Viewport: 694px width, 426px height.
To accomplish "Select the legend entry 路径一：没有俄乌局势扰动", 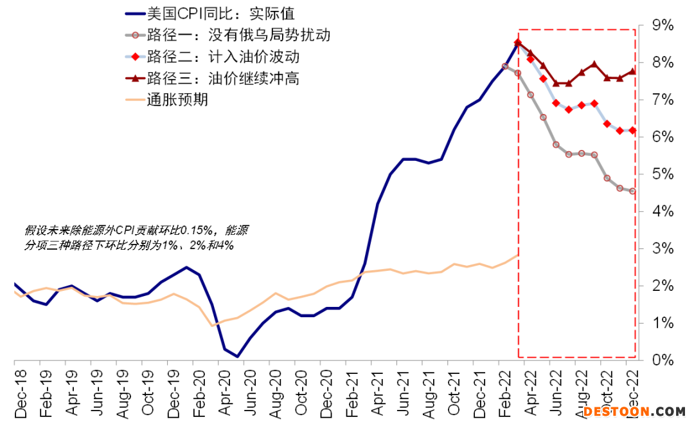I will pos(238,35).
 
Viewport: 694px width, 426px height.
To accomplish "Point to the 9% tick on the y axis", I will pos(663,26).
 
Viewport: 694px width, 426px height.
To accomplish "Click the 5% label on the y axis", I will pos(663,174).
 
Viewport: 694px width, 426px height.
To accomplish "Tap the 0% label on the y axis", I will pos(663,360).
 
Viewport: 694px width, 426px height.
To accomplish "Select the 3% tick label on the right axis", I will pos(663,249).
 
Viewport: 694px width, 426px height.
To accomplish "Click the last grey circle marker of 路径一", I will pos(632,190).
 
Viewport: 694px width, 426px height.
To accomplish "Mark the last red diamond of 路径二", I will pos(632,131).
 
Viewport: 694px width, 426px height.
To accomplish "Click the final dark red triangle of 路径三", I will pos(632,71).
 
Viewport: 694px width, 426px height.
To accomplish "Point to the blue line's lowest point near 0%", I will pos(238,356).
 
